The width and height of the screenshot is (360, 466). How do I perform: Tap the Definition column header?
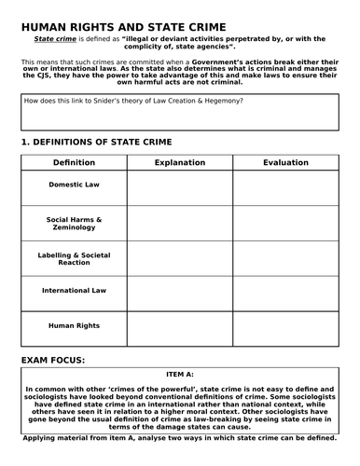point(74,162)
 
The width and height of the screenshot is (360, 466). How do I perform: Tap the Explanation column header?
point(180,162)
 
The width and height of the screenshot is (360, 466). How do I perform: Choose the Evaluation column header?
point(285,162)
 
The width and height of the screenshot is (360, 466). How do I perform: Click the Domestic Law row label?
point(74,185)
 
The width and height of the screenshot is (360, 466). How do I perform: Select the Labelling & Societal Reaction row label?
point(74,258)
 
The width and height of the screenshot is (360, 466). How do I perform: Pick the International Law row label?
point(74,291)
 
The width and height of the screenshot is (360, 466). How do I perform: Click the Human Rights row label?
point(74,326)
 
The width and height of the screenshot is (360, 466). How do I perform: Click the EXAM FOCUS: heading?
point(53,359)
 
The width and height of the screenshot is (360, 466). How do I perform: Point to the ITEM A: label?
point(180,374)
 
